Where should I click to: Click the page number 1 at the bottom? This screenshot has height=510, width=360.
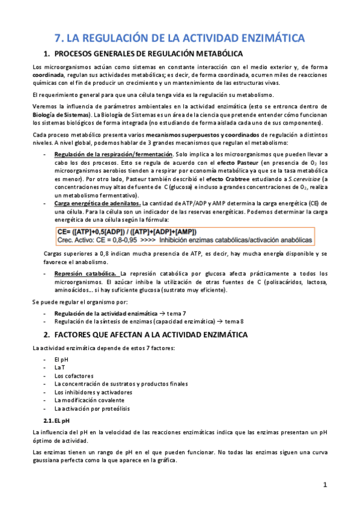pos(325,485)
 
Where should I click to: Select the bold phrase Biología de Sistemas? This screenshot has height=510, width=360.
pos(60,114)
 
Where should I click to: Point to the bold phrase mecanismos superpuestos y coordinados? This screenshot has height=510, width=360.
pos(198,134)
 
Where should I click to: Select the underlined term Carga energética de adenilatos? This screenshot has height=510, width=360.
pos(97,203)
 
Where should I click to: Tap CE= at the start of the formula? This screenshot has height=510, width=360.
pos(64,232)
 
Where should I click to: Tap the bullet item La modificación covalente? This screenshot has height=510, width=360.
pos(89,399)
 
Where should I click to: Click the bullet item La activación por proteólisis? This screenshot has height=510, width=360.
pos(91,408)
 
